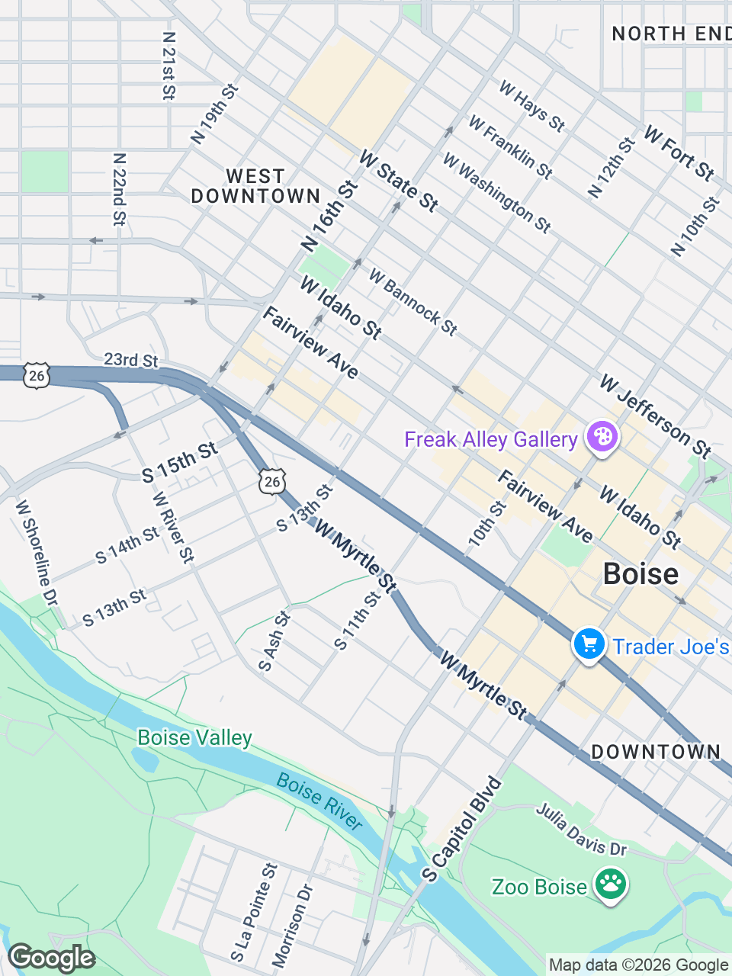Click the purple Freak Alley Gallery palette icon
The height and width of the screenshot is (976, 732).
pyautogui.click(x=602, y=437)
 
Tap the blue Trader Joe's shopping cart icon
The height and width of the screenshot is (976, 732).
pyautogui.click(x=589, y=644)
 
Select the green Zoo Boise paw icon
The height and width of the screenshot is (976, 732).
pyautogui.click(x=611, y=884)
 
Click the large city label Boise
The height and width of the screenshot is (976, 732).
pyautogui.click(x=640, y=574)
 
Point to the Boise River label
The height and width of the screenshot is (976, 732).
pyautogui.click(x=319, y=801)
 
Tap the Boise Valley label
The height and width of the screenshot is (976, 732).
pyautogui.click(x=194, y=738)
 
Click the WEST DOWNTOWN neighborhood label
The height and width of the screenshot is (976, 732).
pyautogui.click(x=255, y=187)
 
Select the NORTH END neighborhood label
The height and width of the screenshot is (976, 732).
pyautogui.click(x=671, y=34)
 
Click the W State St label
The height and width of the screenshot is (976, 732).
pyautogui.click(x=398, y=181)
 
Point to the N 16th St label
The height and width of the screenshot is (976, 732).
pyautogui.click(x=329, y=217)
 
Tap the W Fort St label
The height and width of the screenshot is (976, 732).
pyautogui.click(x=679, y=153)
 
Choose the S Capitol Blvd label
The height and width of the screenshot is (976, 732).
pyautogui.click(x=462, y=830)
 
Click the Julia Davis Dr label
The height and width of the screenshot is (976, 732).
pyautogui.click(x=581, y=829)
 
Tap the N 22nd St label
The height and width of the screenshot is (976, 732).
pyautogui.click(x=119, y=190)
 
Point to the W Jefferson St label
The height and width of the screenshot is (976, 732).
pyautogui.click(x=655, y=416)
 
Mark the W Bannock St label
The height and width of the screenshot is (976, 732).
pyautogui.click(x=413, y=302)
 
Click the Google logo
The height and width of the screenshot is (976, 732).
pyautogui.click(x=51, y=958)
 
